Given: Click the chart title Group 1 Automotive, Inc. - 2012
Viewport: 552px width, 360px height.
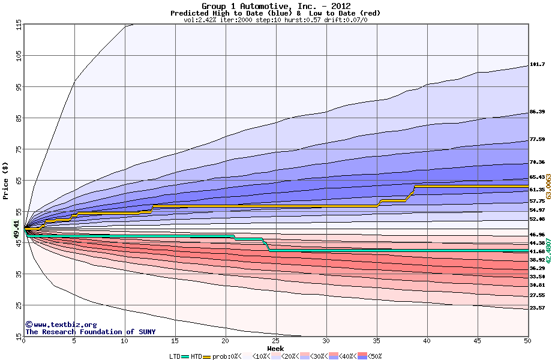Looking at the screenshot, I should tap(275, 6).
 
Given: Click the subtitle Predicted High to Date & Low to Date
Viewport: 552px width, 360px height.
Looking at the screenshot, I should tap(275, 13).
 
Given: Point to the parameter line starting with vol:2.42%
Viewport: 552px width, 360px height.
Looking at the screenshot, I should tap(275, 20).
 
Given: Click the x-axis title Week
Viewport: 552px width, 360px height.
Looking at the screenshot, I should tap(276, 349).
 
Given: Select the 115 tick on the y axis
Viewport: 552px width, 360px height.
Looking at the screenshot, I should tap(18, 26).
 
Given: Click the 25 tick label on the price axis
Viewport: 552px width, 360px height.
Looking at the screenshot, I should tap(18, 305).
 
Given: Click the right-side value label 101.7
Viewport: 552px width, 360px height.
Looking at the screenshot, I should tap(537, 64).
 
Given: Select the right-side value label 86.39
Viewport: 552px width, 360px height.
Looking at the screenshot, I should tap(537, 112).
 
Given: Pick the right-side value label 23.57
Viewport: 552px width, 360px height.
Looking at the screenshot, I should tap(537, 308).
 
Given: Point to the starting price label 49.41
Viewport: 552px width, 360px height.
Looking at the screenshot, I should tap(16, 229).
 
